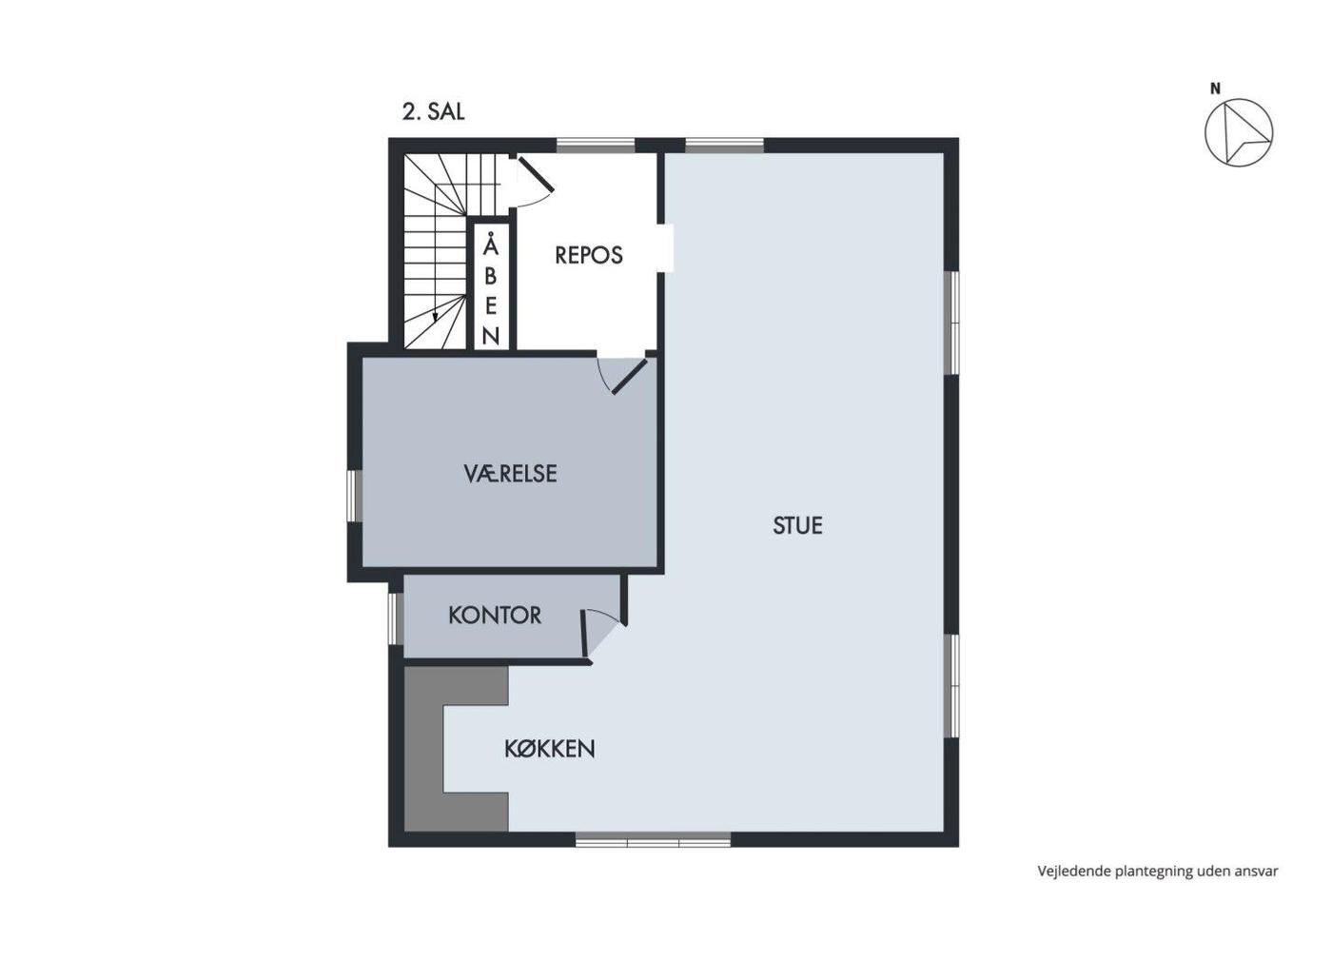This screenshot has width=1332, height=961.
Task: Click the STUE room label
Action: coord(797,525)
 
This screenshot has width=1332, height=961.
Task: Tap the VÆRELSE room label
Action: coord(510,474)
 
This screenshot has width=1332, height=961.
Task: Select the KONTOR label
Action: coord(495,615)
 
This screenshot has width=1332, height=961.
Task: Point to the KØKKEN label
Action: coord(550,749)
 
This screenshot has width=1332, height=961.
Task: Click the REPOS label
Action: coord(589,255)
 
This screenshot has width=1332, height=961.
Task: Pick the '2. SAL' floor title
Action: coord(433,112)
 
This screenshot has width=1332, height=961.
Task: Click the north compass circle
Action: coord(1239,132)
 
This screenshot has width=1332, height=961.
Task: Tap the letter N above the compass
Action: coord(1216,88)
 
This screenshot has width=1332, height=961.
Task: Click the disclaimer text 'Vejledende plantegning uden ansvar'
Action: coord(1158,872)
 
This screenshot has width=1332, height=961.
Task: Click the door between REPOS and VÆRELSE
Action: coord(630,377)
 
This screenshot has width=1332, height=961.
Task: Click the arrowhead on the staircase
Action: coord(436,318)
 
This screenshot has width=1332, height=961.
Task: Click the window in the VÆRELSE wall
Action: coord(355,496)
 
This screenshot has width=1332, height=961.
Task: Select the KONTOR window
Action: coord(396,618)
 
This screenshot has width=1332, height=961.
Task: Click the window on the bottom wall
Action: coord(653,839)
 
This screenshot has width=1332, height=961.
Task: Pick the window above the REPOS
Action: coord(596,146)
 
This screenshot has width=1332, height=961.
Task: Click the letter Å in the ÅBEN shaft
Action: coord(491,245)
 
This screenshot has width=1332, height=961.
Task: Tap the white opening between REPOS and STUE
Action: coord(665,248)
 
